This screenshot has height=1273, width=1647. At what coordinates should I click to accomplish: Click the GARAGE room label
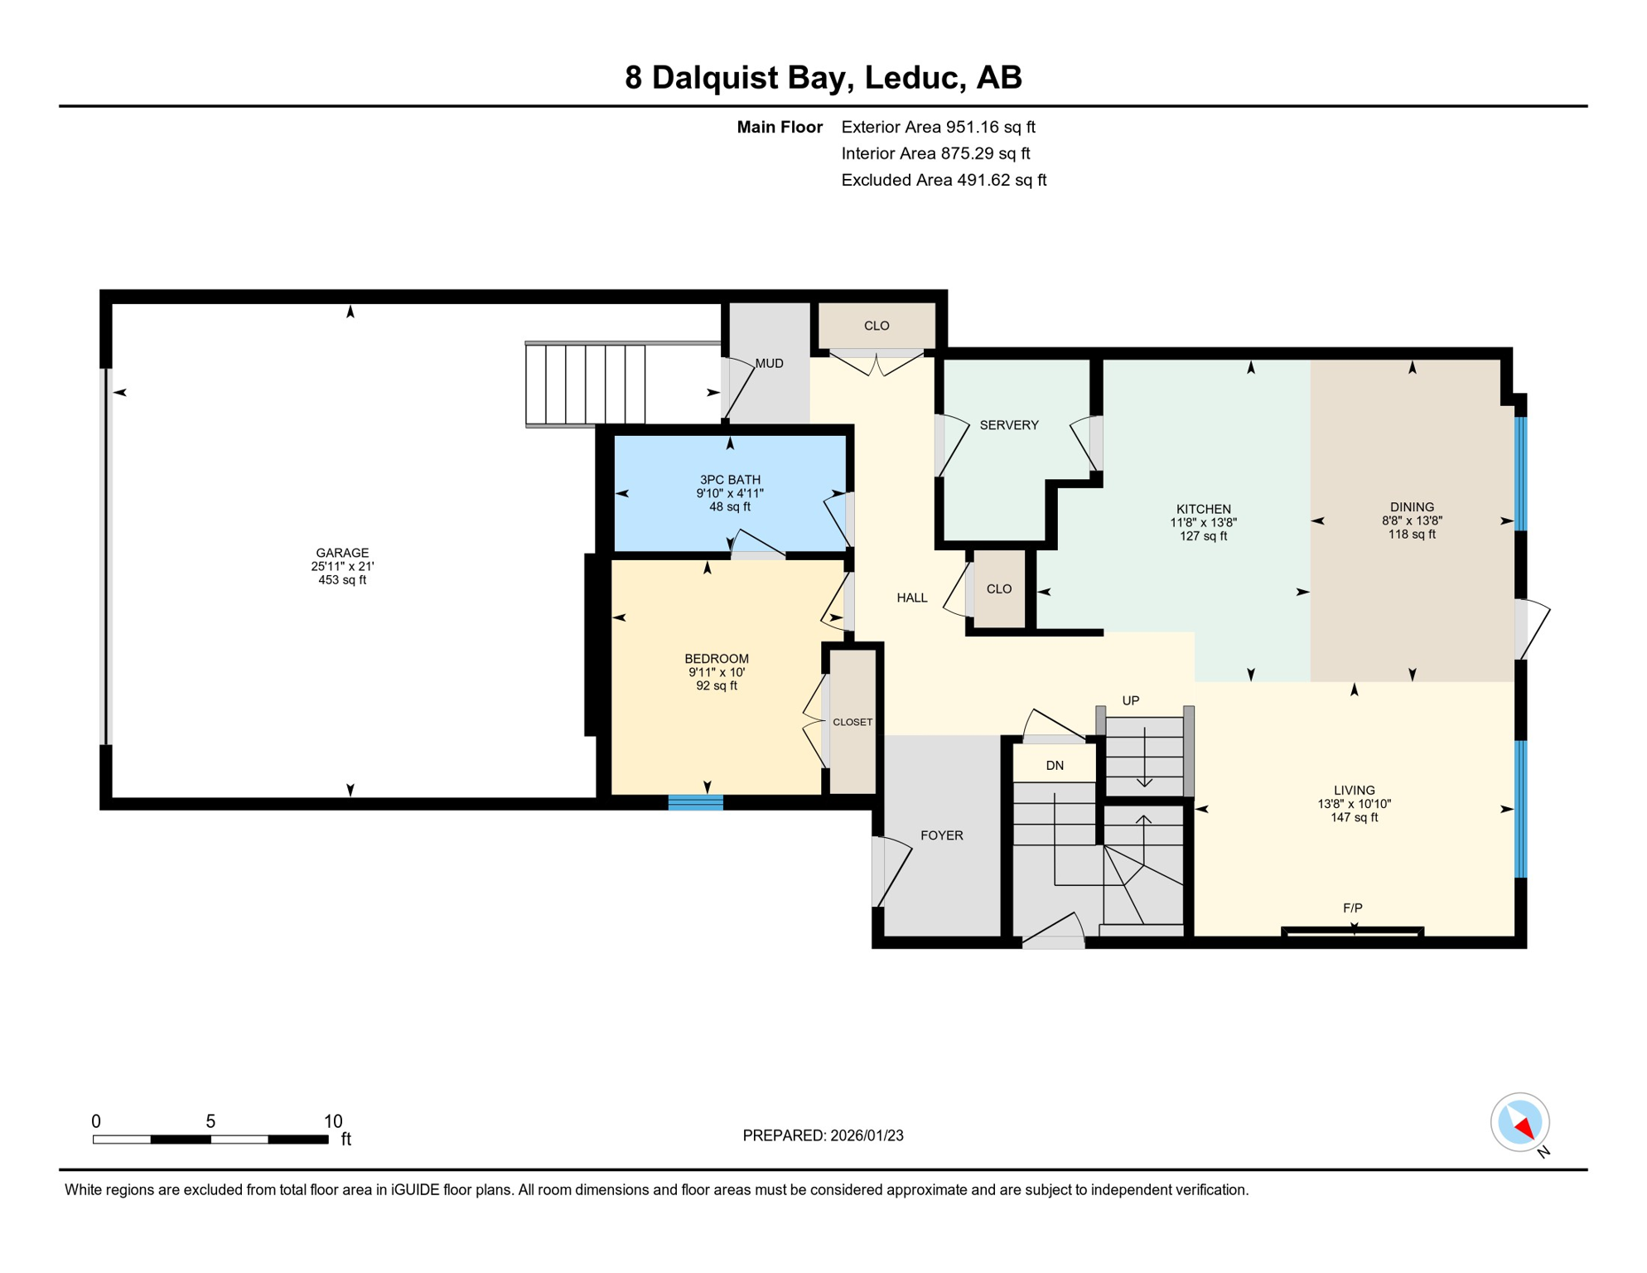pyautogui.click(x=342, y=553)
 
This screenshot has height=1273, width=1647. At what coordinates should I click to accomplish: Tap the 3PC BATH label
pyautogui.click(x=729, y=480)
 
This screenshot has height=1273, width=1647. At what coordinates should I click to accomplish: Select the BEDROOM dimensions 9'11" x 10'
pyautogui.click(x=716, y=672)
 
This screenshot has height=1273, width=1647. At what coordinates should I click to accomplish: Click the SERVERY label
pyautogui.click(x=1008, y=425)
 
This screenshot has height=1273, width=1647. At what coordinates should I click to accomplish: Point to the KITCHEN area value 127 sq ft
pyautogui.click(x=1203, y=536)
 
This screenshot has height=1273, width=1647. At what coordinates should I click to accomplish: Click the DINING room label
pyautogui.click(x=1412, y=507)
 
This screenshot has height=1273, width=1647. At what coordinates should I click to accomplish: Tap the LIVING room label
pyautogui.click(x=1354, y=791)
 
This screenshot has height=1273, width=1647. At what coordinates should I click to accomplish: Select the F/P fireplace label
pyautogui.click(x=1352, y=908)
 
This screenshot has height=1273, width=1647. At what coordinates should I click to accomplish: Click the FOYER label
pyautogui.click(x=941, y=835)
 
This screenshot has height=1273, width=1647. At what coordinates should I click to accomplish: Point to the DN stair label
pyautogui.click(x=1054, y=766)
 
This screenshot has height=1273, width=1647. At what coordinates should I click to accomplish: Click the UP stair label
pyautogui.click(x=1130, y=700)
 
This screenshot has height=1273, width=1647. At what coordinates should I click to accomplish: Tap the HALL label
pyautogui.click(x=911, y=598)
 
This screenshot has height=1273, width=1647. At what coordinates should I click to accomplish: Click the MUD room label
pyautogui.click(x=769, y=363)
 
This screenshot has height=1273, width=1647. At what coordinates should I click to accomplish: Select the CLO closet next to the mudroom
pyautogui.click(x=876, y=326)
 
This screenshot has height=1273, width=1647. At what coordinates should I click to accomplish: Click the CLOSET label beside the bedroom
pyautogui.click(x=852, y=722)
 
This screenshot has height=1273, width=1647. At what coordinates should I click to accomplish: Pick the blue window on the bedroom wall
pyautogui.click(x=695, y=801)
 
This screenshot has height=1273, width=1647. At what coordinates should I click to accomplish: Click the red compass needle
pyautogui.click(x=1523, y=1127)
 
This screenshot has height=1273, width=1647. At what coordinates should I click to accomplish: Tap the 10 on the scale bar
pyautogui.click(x=332, y=1121)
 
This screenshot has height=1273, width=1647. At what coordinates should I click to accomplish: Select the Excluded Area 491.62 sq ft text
pyautogui.click(x=943, y=180)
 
